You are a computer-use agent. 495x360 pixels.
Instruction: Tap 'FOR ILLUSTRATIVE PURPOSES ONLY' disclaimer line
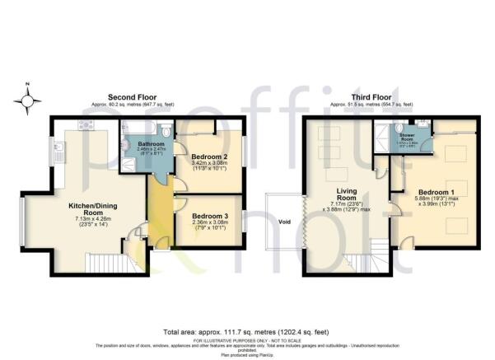(247, 339)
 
